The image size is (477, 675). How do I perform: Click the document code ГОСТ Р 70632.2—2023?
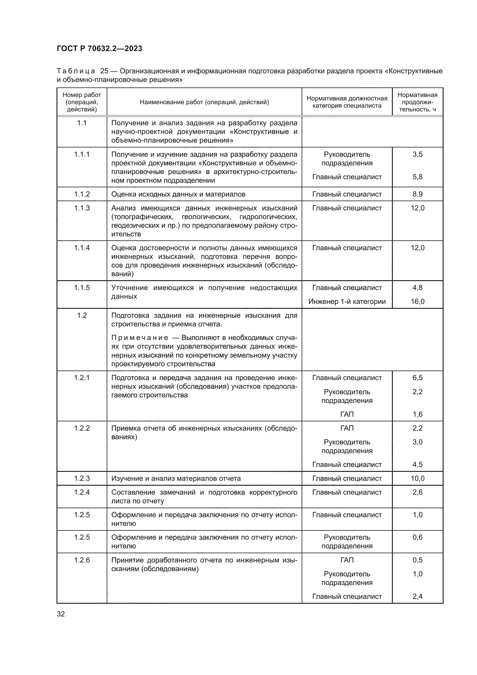99,48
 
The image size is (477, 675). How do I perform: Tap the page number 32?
61,614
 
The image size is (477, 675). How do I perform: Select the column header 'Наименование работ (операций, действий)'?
204,102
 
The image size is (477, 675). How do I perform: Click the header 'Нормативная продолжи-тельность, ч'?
417,102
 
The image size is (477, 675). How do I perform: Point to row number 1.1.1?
82,154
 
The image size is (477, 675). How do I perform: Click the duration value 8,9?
417,194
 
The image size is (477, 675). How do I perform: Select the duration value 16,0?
417,301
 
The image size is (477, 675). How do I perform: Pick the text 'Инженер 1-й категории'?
347,301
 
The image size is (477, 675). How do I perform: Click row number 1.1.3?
82,208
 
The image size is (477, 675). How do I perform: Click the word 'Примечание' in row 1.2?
140,338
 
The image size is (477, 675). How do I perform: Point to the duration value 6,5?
417,378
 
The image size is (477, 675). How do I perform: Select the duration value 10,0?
417,478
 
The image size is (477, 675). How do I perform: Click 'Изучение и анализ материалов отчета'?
176,478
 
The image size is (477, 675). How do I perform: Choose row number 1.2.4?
82,492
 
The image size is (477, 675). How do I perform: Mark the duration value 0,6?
417,537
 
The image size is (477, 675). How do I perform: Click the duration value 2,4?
417,596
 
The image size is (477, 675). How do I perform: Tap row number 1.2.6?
82,560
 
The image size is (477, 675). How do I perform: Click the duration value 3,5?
417,154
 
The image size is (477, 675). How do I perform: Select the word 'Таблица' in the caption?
76,71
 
